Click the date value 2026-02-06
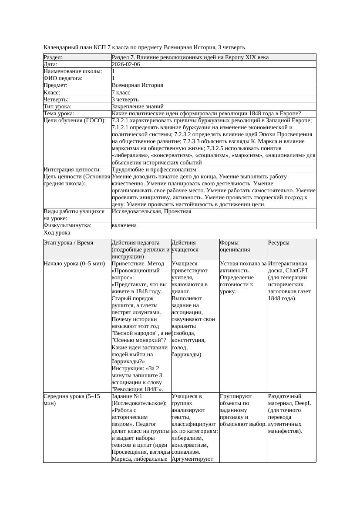pos(126,64)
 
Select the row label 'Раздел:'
pos(53,57)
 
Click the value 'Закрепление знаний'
pos(138,107)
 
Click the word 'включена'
pos(124,225)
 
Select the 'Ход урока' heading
pos(57,233)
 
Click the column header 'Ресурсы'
pos(279,243)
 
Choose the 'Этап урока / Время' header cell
pos(68,243)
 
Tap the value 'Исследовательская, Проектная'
pos(151,211)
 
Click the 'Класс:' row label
pos(52,93)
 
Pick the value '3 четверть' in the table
pos(125,100)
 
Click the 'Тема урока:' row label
pos(59,114)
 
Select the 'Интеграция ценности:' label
pos(72,169)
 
